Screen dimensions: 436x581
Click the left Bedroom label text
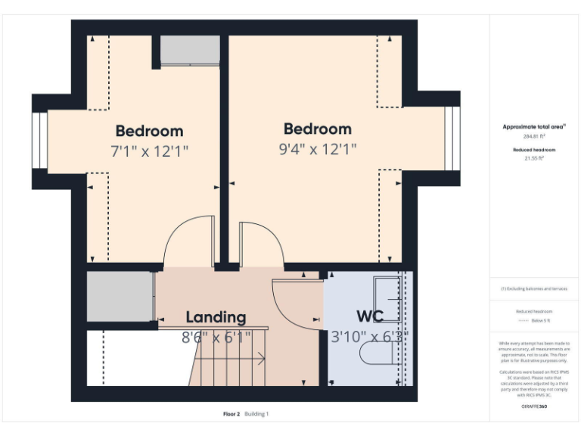point(149,131)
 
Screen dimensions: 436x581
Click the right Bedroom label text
point(317,129)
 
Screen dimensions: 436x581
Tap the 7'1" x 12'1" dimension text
point(149,151)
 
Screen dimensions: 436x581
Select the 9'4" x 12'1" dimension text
point(317,149)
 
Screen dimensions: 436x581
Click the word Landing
point(216,317)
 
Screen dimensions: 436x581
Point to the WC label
point(370,316)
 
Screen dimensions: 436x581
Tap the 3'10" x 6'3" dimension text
point(369,336)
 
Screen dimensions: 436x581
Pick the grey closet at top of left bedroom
point(189,51)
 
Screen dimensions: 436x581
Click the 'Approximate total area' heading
point(535,127)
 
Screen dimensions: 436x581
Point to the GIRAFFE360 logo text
point(534,406)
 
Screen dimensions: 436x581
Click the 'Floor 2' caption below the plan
point(231,414)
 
